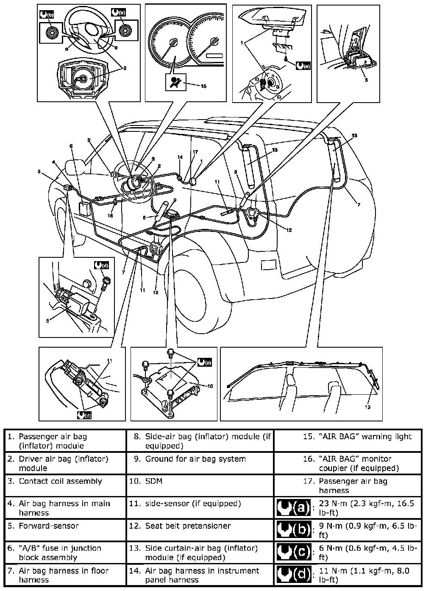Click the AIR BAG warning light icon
pyautogui.click(x=172, y=83)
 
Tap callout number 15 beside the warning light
pyautogui.click(x=203, y=86)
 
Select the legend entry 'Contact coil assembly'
pyautogui.click(x=60, y=481)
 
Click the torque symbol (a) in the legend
pyautogui.click(x=293, y=507)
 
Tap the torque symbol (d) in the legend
pyautogui.click(x=293, y=575)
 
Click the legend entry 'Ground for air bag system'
pyautogui.click(x=195, y=459)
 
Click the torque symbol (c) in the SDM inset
pyautogui.click(x=204, y=362)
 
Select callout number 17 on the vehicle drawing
pyautogui.click(x=195, y=152)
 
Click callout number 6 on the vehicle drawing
pyautogui.click(x=71, y=146)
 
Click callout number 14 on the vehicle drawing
pyautogui.click(x=180, y=157)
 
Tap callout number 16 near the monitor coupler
pyautogui.click(x=111, y=215)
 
